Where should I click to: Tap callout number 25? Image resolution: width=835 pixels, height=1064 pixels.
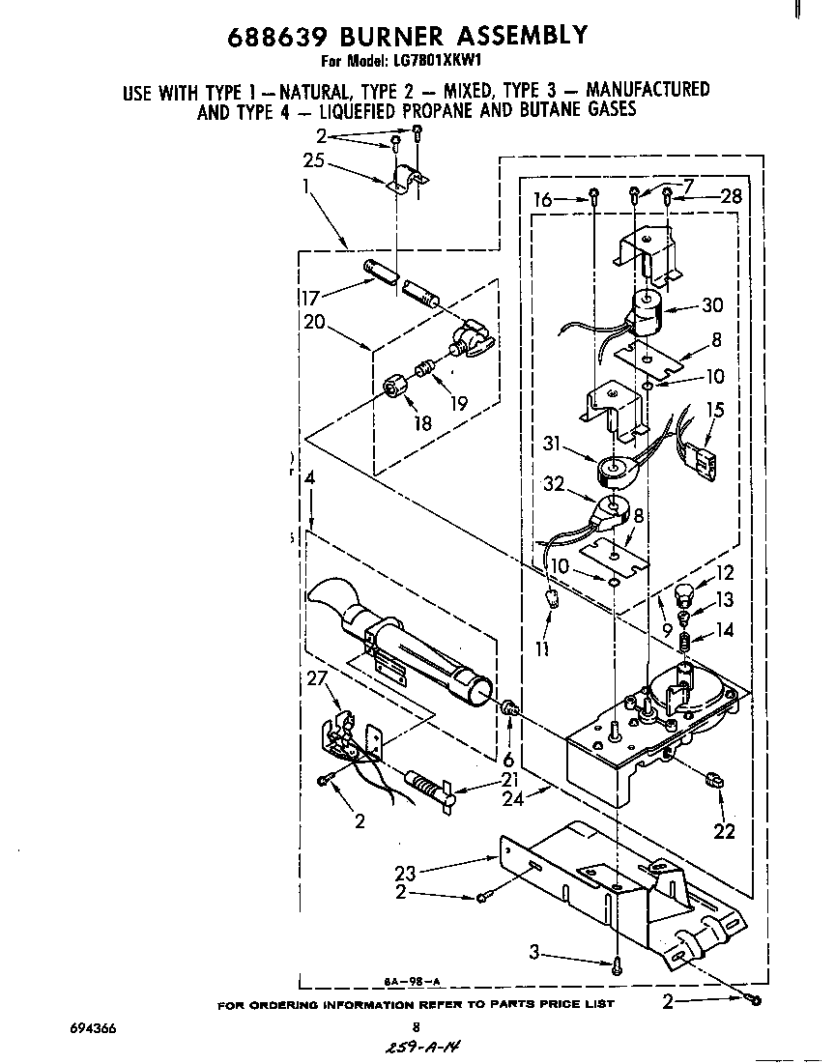[313, 160]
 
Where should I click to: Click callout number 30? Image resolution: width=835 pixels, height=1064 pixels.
[712, 305]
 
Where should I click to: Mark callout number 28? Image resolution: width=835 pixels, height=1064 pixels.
[732, 197]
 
